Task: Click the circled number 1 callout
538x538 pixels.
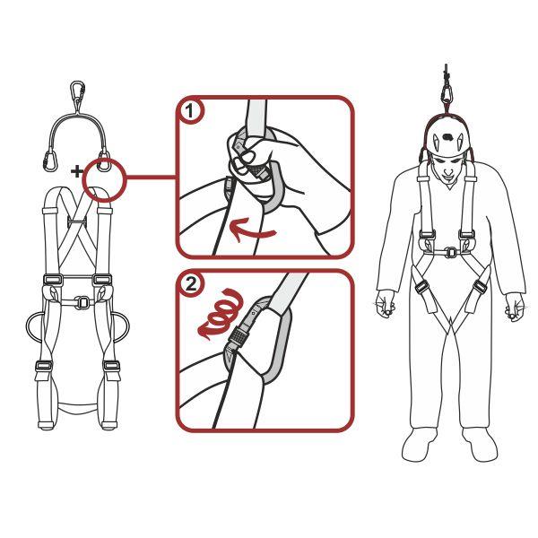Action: coord(190,114)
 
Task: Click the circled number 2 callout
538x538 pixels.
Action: coord(190,287)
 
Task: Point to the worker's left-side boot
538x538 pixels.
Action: coord(419,444)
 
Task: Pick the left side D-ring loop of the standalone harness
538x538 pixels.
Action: coord(33,331)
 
